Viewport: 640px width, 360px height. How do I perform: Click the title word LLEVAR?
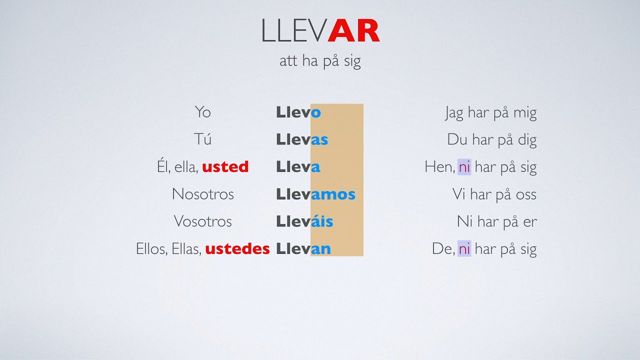(320, 30)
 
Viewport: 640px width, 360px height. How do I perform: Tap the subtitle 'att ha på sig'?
(320, 61)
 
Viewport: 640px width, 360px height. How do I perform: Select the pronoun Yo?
(202, 112)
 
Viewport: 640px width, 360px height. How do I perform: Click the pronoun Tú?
(202, 139)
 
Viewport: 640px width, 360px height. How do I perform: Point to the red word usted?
(225, 167)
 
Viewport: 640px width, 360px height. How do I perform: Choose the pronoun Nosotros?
(202, 194)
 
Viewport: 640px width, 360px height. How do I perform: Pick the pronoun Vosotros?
(202, 221)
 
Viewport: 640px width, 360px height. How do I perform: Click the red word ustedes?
(237, 249)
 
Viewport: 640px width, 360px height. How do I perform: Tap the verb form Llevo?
(298, 112)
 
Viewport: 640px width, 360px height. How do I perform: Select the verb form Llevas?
(302, 139)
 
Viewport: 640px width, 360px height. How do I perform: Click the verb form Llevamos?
(315, 194)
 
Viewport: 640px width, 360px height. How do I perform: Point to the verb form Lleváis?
(304, 221)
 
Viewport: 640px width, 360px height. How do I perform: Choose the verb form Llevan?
(303, 249)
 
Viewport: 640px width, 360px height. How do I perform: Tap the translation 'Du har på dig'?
(491, 140)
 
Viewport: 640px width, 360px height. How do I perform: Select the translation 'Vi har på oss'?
(494, 194)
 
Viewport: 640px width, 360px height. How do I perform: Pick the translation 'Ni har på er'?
(496, 221)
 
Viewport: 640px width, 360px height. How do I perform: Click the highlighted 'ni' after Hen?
(464, 167)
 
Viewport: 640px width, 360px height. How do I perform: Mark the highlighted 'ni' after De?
(464, 249)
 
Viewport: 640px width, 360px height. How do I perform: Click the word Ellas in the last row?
(185, 249)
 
